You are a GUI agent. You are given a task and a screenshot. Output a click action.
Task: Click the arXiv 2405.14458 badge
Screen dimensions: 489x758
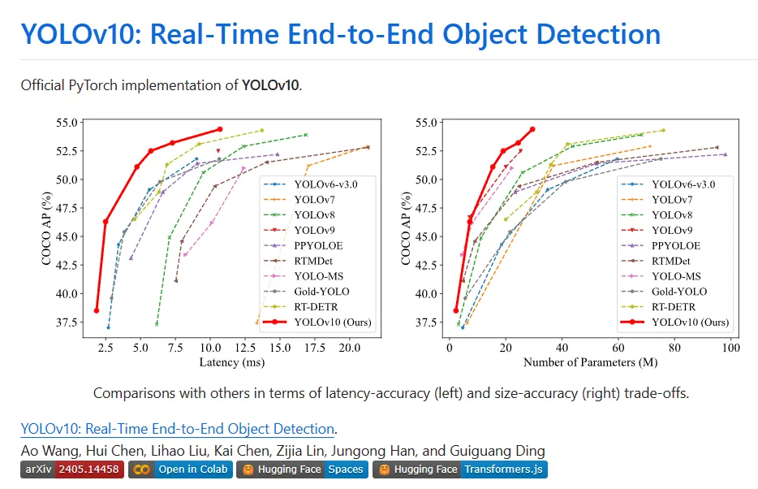click(x=71, y=470)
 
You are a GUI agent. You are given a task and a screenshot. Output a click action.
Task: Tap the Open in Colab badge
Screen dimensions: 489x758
click(x=181, y=470)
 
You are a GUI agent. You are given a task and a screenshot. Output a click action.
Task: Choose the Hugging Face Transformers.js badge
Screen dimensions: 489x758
click(x=460, y=470)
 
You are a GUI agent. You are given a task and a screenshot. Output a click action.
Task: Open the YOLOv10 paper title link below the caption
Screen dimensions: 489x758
click(x=178, y=429)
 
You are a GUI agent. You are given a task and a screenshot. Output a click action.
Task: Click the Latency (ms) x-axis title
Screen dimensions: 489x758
click(x=231, y=362)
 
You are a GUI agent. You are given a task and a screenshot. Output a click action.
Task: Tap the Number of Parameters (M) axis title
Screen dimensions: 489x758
click(x=590, y=362)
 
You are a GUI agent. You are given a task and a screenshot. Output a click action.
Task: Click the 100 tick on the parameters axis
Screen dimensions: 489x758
click(x=730, y=348)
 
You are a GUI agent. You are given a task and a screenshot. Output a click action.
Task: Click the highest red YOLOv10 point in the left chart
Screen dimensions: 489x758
click(x=219, y=129)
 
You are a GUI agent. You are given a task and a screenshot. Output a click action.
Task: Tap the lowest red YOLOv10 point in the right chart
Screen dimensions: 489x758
click(x=456, y=310)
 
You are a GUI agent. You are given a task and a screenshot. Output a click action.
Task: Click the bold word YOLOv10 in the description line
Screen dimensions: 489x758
click(x=270, y=84)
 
